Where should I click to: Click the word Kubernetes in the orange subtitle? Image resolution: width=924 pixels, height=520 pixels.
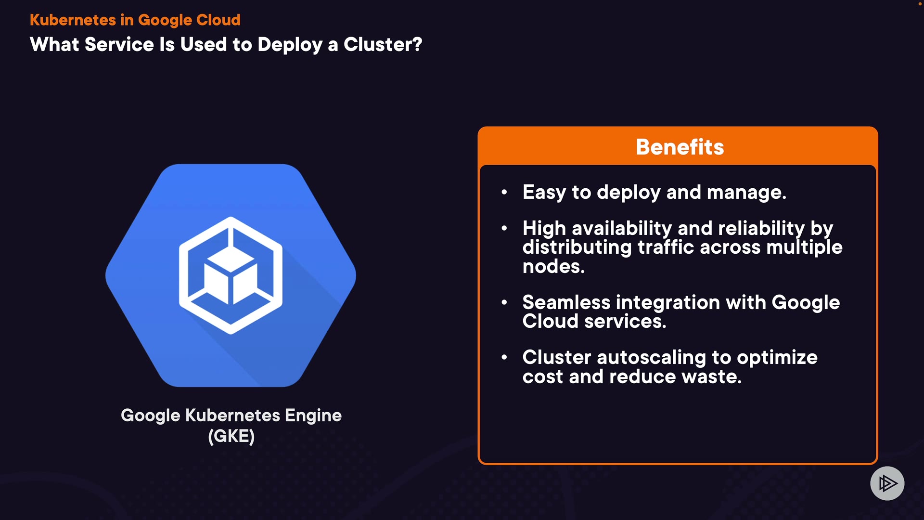[x=73, y=20]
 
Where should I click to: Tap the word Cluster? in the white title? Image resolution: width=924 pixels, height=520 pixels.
[x=383, y=45]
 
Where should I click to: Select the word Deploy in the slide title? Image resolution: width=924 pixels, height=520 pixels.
[x=290, y=45]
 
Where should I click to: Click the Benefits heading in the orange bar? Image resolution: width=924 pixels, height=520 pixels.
[x=680, y=147]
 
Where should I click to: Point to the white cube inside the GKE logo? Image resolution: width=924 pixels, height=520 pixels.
[x=230, y=277]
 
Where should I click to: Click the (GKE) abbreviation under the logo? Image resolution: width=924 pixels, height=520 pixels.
[x=231, y=436]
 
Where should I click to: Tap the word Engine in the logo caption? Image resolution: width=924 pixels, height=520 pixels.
[x=313, y=416]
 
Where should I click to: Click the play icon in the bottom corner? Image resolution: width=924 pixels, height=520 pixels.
[x=887, y=483]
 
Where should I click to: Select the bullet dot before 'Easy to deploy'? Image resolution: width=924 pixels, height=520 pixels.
[x=504, y=192]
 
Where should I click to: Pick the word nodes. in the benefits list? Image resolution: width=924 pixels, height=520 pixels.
[x=553, y=266]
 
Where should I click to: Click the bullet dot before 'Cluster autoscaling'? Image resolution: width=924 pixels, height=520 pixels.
[x=504, y=357]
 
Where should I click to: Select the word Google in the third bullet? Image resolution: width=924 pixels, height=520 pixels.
[x=806, y=302]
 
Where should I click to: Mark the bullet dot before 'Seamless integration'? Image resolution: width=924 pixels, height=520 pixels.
[x=504, y=302]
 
